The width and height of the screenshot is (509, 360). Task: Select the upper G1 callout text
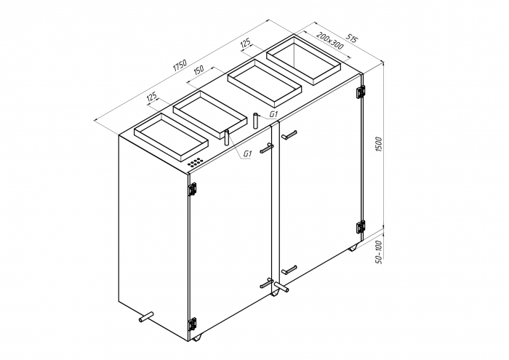[274, 115]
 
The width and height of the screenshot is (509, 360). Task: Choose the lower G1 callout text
[247, 153]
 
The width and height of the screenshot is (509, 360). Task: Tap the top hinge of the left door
[193, 188]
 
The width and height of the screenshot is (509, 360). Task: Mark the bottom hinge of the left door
[193, 323]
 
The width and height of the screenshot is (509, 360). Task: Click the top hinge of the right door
[360, 92]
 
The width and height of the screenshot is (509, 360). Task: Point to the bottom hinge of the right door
[360, 226]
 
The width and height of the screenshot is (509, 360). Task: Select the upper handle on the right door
[289, 135]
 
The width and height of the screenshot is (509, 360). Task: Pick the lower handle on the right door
[289, 269]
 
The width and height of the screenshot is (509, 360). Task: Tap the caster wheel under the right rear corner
[353, 247]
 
